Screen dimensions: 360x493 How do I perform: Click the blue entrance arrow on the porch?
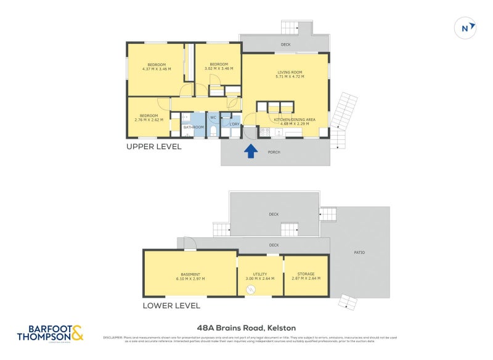point(251,151)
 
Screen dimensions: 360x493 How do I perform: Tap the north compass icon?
point(465,28)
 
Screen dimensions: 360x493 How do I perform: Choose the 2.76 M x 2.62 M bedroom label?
point(149,118)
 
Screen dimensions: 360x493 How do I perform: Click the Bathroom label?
point(193,128)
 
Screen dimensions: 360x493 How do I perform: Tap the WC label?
point(213,117)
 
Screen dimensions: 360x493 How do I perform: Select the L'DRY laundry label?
point(234,124)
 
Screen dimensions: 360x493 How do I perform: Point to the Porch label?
point(274,152)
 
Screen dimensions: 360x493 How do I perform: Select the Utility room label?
point(259,276)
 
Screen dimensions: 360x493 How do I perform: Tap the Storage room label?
point(306,276)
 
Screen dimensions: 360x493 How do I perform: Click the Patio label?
point(361,252)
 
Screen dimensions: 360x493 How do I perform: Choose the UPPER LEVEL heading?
point(153,147)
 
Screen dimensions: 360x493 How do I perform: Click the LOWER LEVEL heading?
point(171,305)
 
